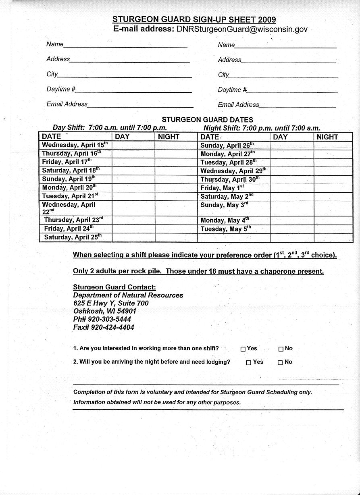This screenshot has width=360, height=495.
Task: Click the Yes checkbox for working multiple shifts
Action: pyautogui.click(x=243, y=349)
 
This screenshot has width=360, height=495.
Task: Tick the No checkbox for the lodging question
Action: pyautogui.click(x=280, y=362)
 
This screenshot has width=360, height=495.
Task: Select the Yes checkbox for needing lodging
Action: pyautogui.click(x=248, y=362)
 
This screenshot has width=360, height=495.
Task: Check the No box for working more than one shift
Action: pyautogui.click(x=281, y=349)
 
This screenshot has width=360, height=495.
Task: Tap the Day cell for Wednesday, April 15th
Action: pyautogui.click(x=133, y=145)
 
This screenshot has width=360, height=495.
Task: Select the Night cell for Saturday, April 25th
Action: pyautogui.click(x=176, y=237)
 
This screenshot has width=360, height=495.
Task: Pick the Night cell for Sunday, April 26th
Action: pyautogui.click(x=333, y=146)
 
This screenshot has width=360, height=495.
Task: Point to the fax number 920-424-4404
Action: pyautogui.click(x=112, y=327)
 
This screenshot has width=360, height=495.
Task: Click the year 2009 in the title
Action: pyautogui.click(x=267, y=19)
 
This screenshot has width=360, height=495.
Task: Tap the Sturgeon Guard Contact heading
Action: pyautogui.click(x=114, y=287)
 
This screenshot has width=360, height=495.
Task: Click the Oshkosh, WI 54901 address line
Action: pyautogui.click(x=105, y=311)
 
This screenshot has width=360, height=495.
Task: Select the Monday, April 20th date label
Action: pyautogui.click(x=69, y=187)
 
